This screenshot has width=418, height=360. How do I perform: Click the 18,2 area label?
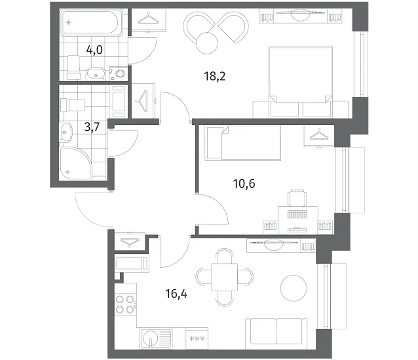coord(215,77)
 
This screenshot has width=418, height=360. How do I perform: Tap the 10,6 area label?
coord(244,184)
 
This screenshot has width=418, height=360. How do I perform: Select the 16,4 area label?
coord(176,294)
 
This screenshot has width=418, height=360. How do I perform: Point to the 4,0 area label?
coord(94,50)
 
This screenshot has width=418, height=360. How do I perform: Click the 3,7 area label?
coord(92,127)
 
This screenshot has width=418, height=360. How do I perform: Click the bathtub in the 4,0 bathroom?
coord(92,22)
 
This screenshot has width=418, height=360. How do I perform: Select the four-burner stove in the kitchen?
coord(126,304)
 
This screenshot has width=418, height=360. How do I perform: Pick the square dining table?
coord(224,277)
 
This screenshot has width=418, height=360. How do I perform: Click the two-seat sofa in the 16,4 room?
coord(276,333)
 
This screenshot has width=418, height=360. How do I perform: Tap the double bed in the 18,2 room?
coord(301,82)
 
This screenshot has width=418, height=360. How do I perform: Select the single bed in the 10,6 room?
coord(242,143)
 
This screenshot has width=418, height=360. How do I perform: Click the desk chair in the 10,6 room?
coord(297,198)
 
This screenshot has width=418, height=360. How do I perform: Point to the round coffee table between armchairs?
coord(207,43)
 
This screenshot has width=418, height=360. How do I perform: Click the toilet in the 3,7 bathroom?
coord(73,105)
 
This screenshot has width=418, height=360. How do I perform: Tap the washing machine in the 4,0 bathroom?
coord(118,73)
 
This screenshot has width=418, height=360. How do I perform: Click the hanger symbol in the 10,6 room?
coord(319,134)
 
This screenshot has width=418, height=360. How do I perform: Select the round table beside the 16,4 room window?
coord(294,288)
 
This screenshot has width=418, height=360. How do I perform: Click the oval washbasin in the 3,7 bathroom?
coord(66,132)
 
